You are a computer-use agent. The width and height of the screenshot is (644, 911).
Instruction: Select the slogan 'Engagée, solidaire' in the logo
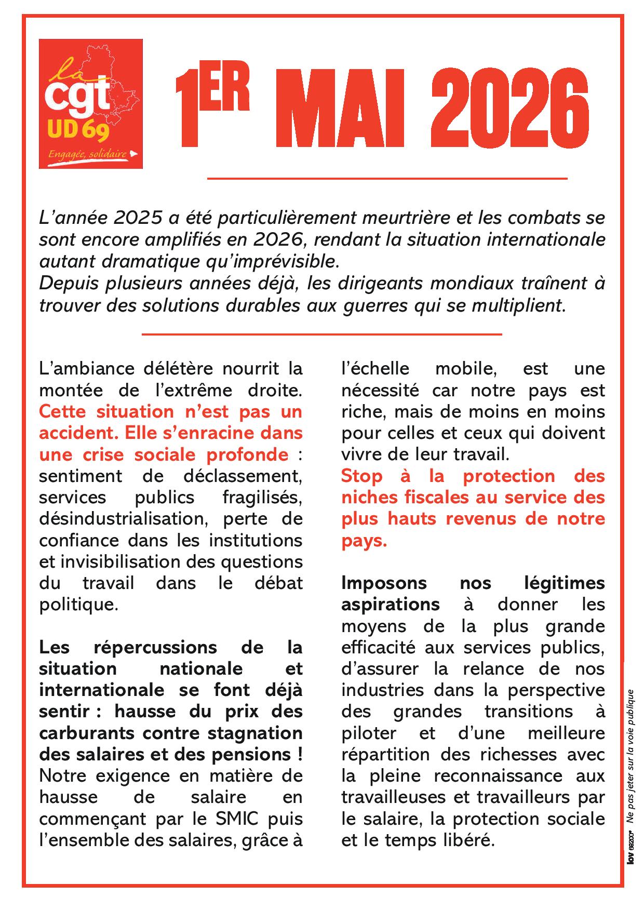[88, 154]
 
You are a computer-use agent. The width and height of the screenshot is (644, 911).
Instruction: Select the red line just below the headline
[387, 179]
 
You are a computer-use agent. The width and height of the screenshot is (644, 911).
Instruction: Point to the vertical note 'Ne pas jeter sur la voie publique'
[630, 753]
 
